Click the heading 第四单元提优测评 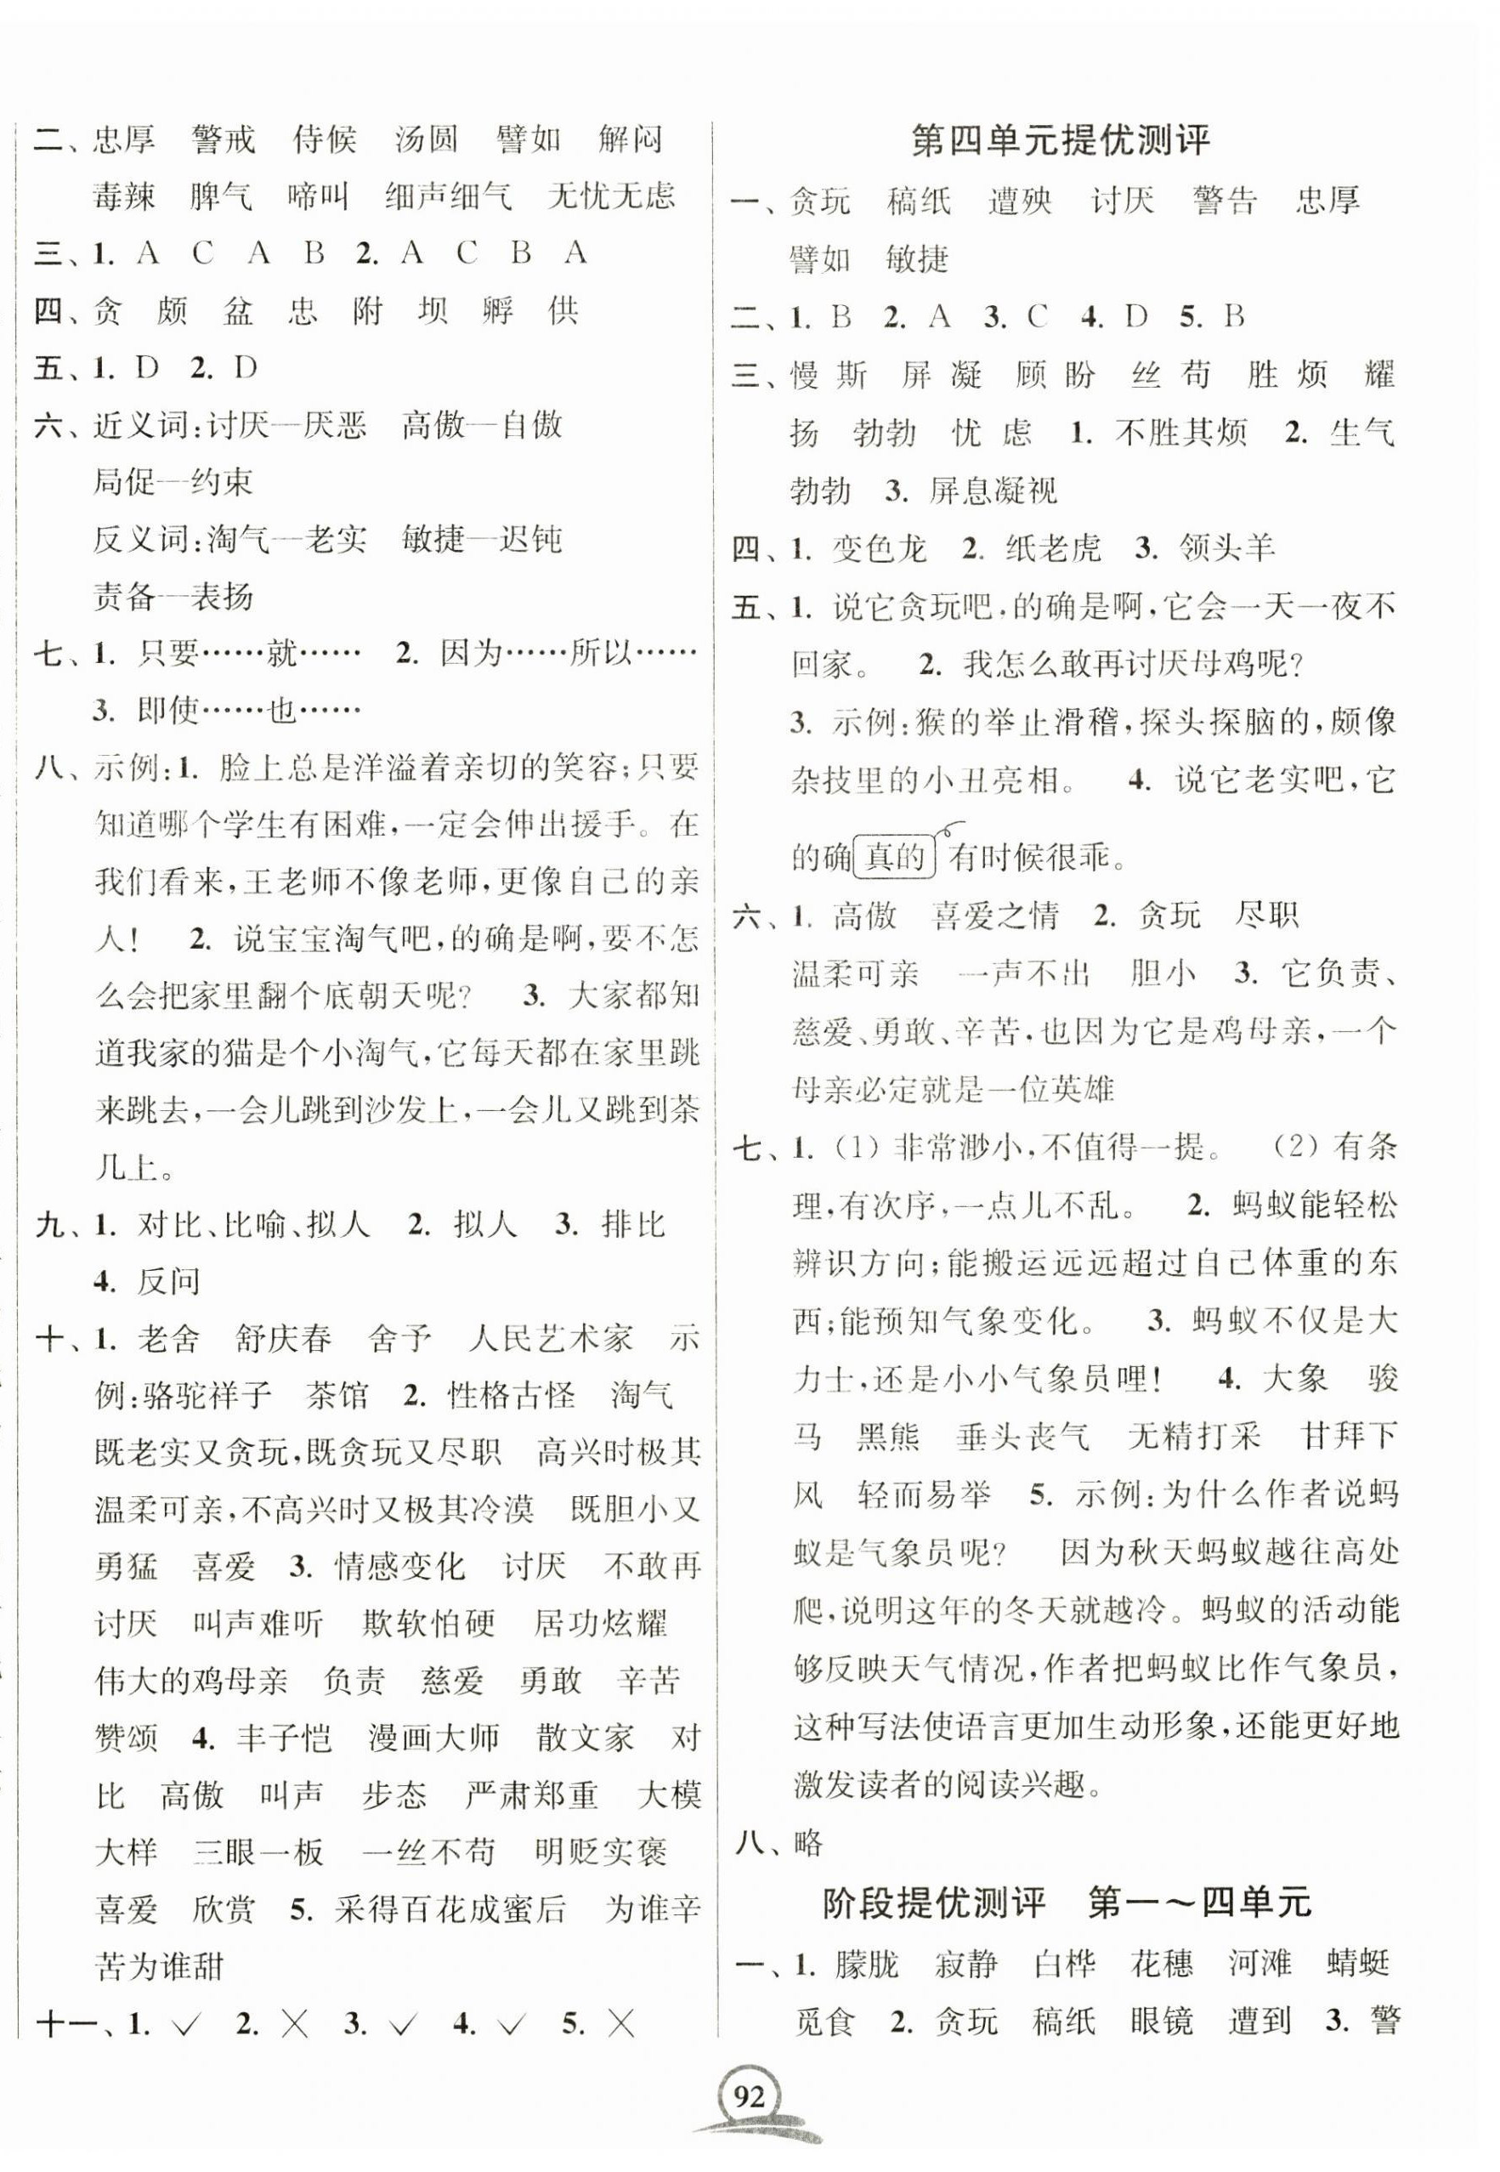pyautogui.click(x=1061, y=141)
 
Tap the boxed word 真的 pyautogui.click(x=894, y=857)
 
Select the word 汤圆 pyautogui.click(x=427, y=140)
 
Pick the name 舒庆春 pyautogui.click(x=284, y=1338)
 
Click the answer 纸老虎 pyautogui.click(x=1053, y=549)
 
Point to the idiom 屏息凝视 pyautogui.click(x=993, y=491)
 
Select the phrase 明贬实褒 pyautogui.click(x=601, y=1852)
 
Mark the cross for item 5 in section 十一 pyautogui.click(x=621, y=2023)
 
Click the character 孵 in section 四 pyautogui.click(x=496, y=310)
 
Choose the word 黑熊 pyautogui.click(x=888, y=1437)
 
